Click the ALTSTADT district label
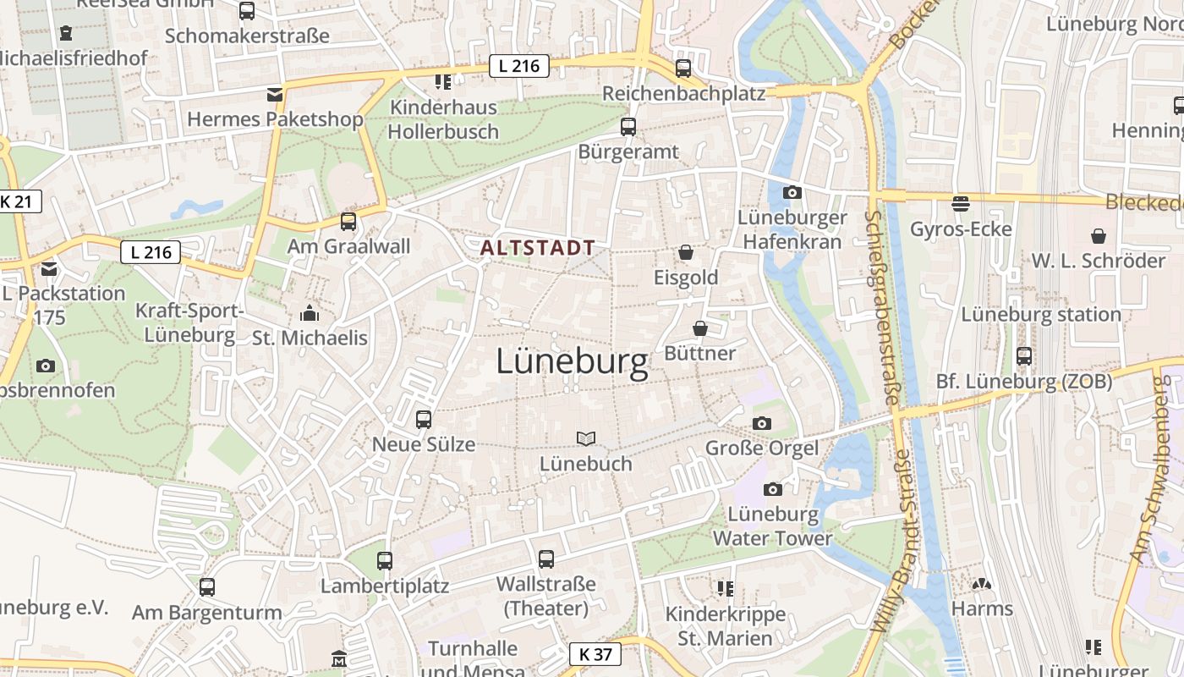pyautogui.click(x=538, y=248)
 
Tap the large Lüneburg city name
pyautogui.click(x=572, y=362)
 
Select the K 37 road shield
pyautogui.click(x=595, y=654)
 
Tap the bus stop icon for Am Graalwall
pyautogui.click(x=348, y=222)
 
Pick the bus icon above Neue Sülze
pyautogui.click(x=424, y=419)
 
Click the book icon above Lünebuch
pyautogui.click(x=585, y=438)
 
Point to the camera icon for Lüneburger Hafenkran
pyautogui.click(x=792, y=193)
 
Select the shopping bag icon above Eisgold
pyautogui.click(x=686, y=252)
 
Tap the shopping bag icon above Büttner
pyautogui.click(x=700, y=328)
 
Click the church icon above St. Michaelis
pyautogui.click(x=310, y=313)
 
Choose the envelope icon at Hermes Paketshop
pyautogui.click(x=275, y=94)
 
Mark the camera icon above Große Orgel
pyautogui.click(x=762, y=423)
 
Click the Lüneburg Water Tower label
pyautogui.click(x=772, y=526)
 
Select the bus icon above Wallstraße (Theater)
pyautogui.click(x=546, y=559)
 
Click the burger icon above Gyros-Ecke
pyautogui.click(x=961, y=203)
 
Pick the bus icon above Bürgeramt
pyautogui.click(x=628, y=127)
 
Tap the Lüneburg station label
pyautogui.click(x=1040, y=315)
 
